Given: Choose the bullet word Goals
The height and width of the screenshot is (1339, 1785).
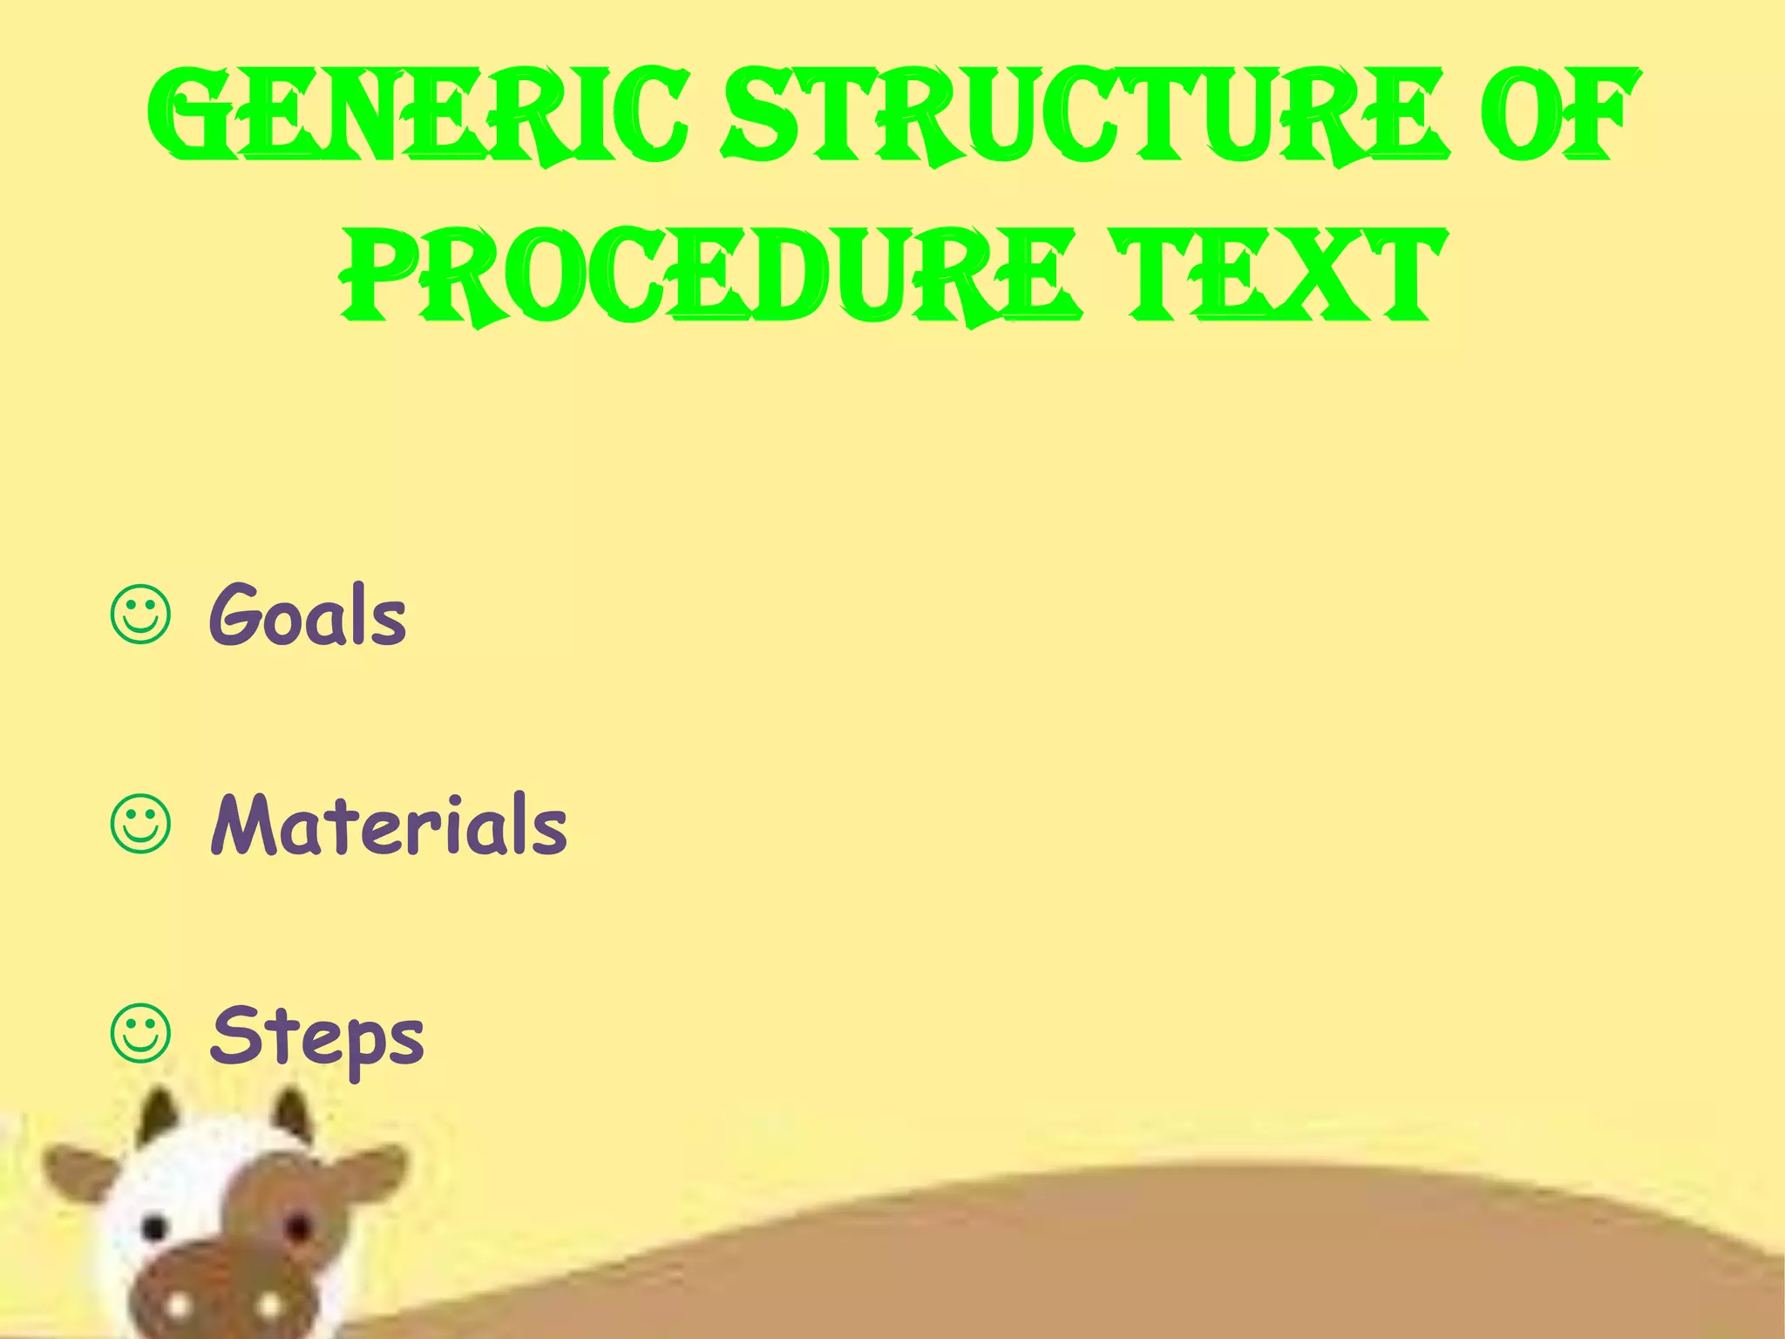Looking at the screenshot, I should click(x=308, y=617).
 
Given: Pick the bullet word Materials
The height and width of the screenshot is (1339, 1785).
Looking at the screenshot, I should click(x=389, y=825).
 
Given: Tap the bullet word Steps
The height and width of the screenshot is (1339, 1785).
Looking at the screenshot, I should click(x=316, y=1037).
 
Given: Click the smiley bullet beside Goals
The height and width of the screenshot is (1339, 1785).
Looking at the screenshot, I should click(x=140, y=617).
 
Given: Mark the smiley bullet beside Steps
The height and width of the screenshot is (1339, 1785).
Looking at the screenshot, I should click(x=140, y=1036).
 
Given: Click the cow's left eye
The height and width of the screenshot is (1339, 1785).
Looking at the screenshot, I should click(x=154, y=1228).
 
